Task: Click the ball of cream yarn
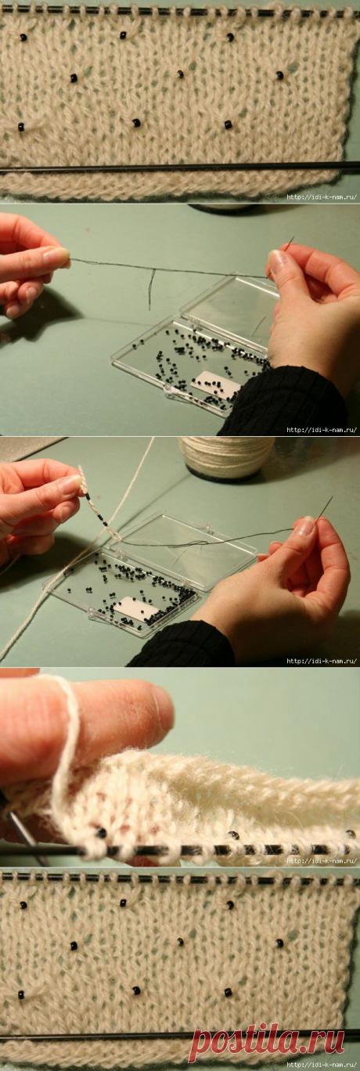pyautogui.click(x=226, y=456)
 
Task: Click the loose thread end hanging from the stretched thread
pyautogui.click(x=151, y=288)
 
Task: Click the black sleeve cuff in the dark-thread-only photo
pyautogui.click(x=282, y=401)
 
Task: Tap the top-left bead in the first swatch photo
pyautogui.click(x=23, y=38)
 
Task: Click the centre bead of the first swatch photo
pyautogui.click(x=181, y=74)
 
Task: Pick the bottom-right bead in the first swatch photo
pyautogui.click(x=229, y=124)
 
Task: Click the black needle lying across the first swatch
pyautogui.click(x=180, y=168)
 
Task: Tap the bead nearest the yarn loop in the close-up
pyautogui.click(x=102, y=833)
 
